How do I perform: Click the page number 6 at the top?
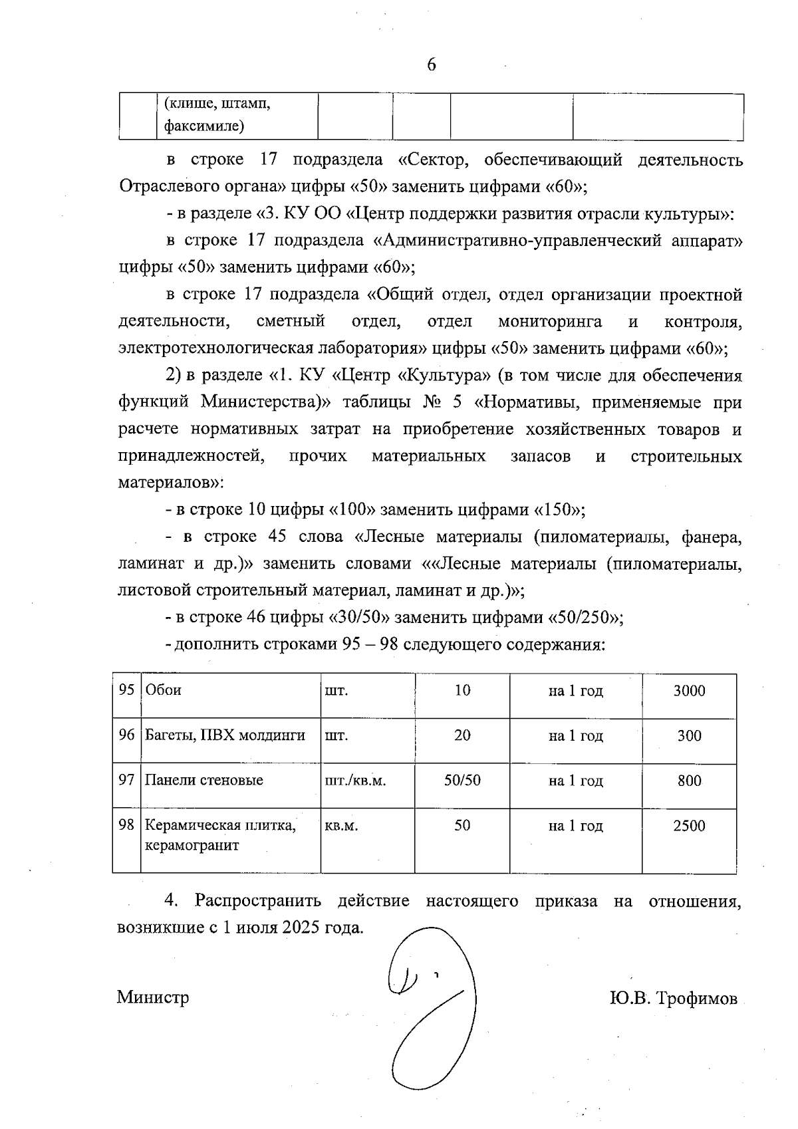pos(432,64)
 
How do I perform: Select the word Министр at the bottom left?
pos(153,997)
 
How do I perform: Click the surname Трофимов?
pos(698,999)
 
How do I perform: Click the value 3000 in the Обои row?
pos(689,691)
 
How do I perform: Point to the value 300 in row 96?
pos(689,736)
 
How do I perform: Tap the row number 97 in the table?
pos(126,780)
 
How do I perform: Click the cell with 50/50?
pos(462,781)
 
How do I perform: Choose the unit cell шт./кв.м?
pos(355,781)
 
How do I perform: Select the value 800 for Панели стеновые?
pos(689,781)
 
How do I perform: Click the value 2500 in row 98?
pos(689,826)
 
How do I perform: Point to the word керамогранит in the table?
pos(192,846)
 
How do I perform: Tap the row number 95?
pos(126,690)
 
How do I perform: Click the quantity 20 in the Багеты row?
pos(462,735)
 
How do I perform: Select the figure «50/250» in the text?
pos(584,618)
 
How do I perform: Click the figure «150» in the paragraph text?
pos(558,510)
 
